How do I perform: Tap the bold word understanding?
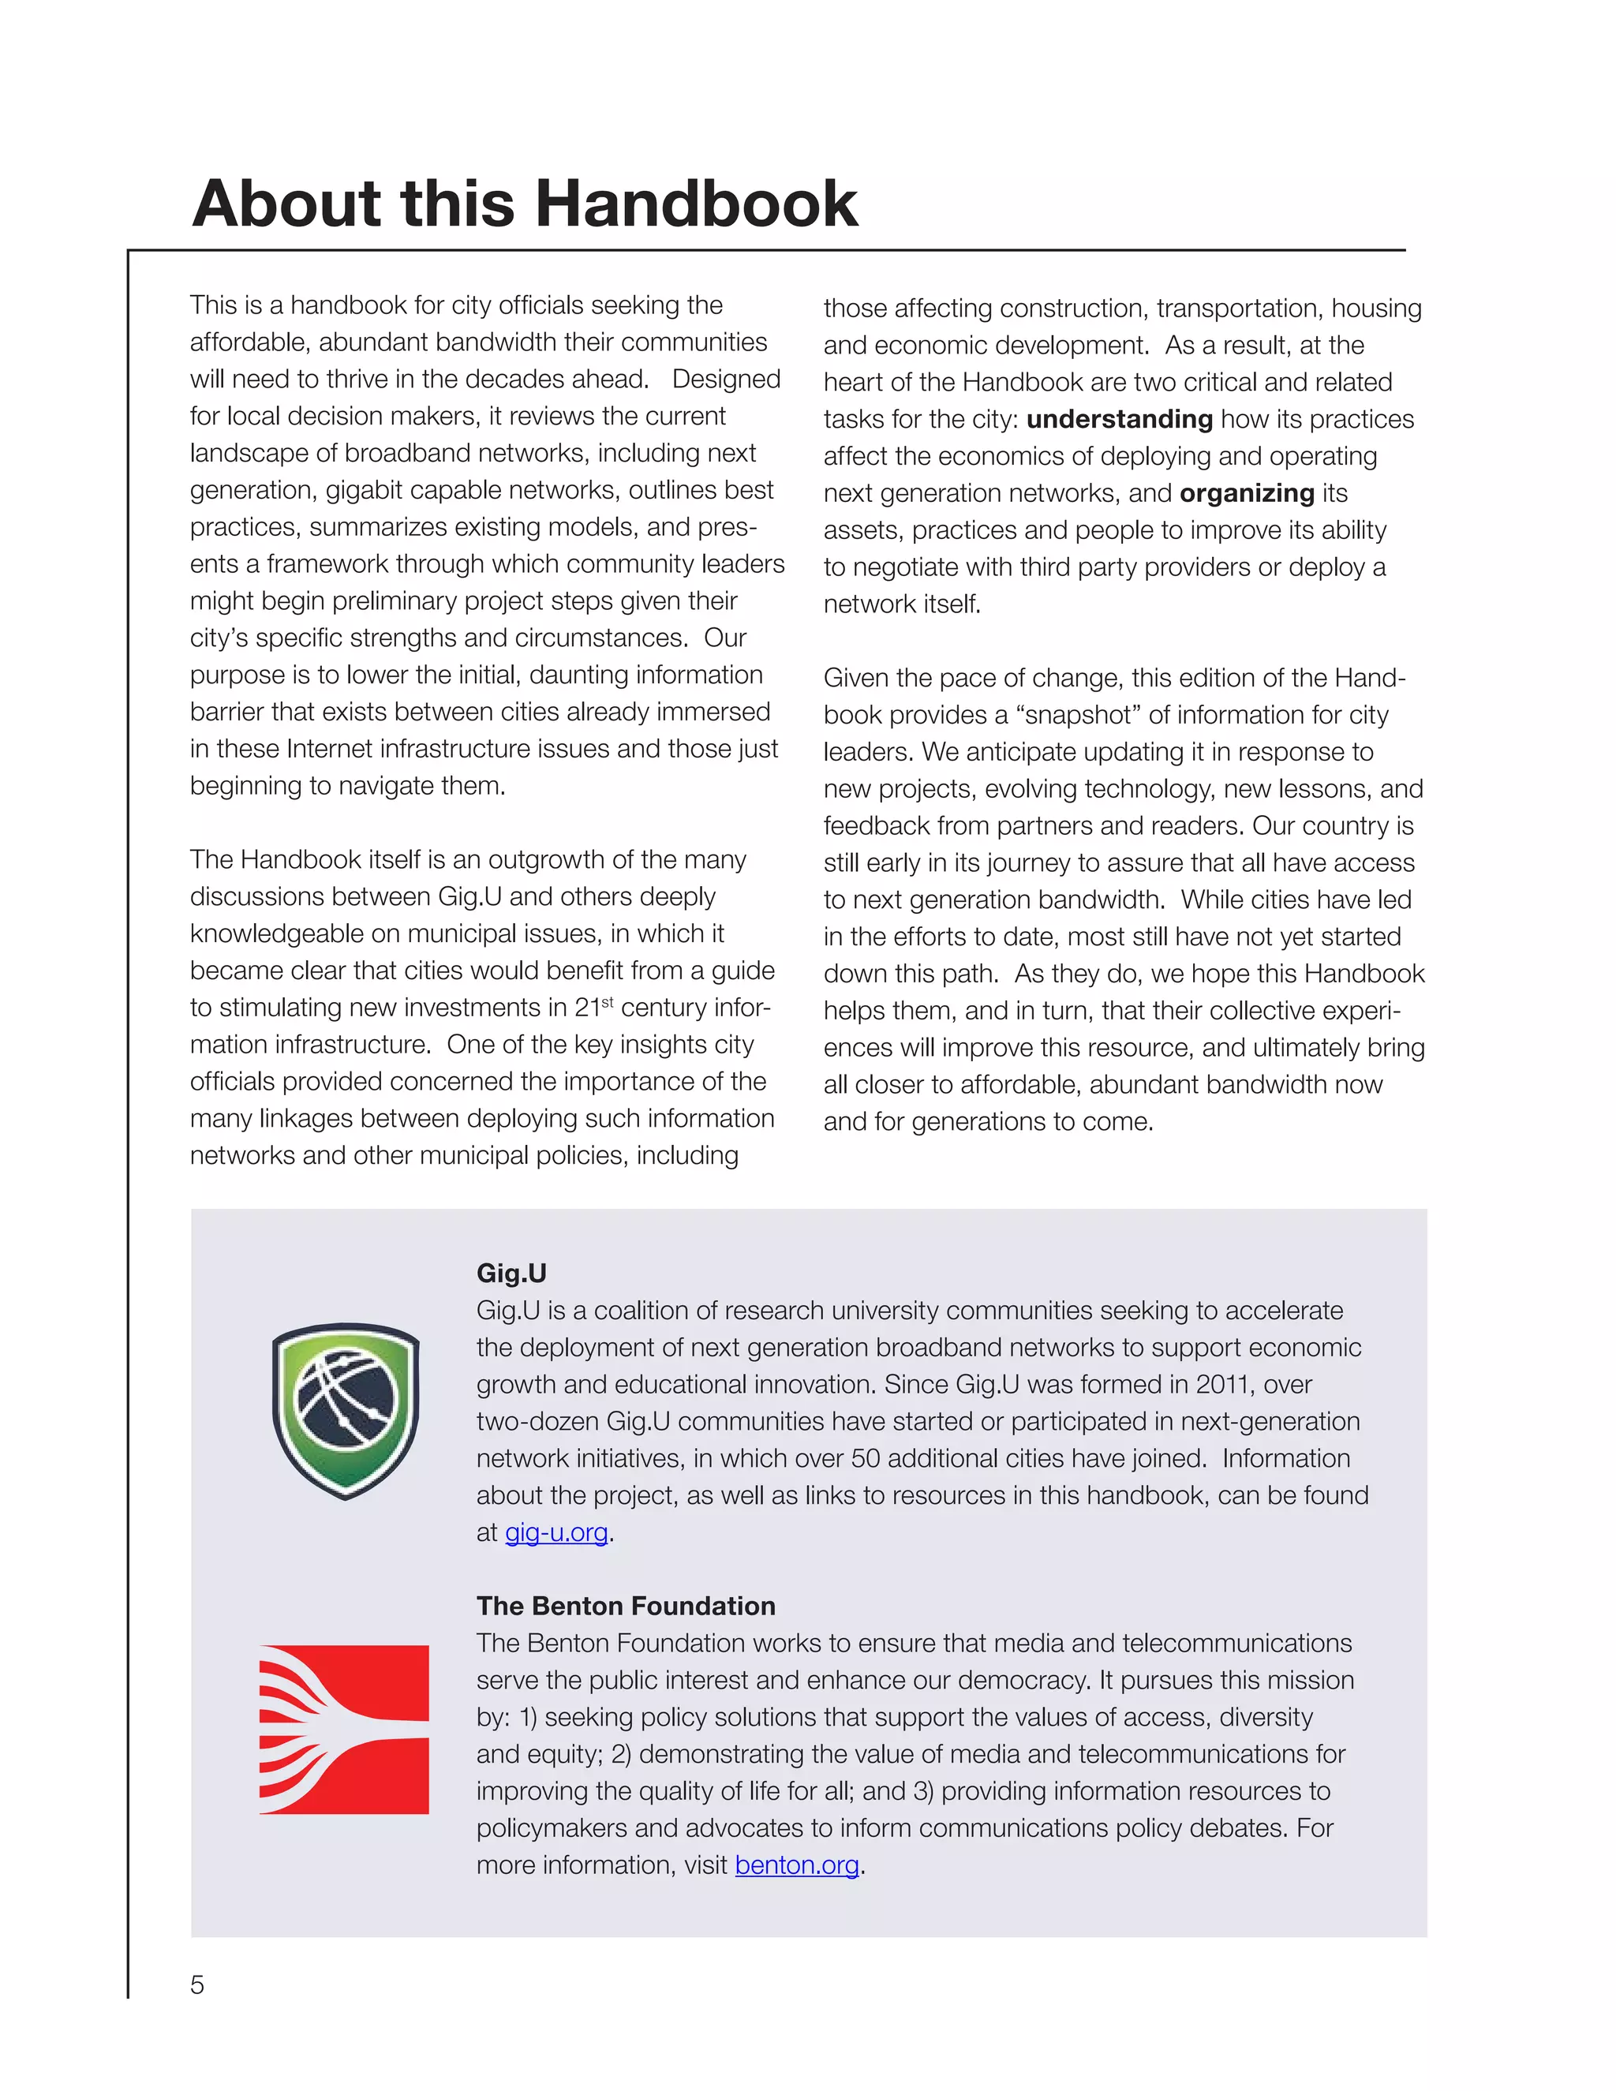point(1119,419)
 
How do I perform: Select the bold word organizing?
point(1247,493)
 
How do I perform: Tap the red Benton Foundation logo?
point(344,1729)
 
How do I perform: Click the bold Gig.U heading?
point(511,1273)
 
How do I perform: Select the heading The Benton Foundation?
point(625,1606)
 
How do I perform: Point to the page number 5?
point(197,1984)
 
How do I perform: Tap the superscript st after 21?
point(607,1001)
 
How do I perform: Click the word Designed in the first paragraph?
point(726,379)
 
